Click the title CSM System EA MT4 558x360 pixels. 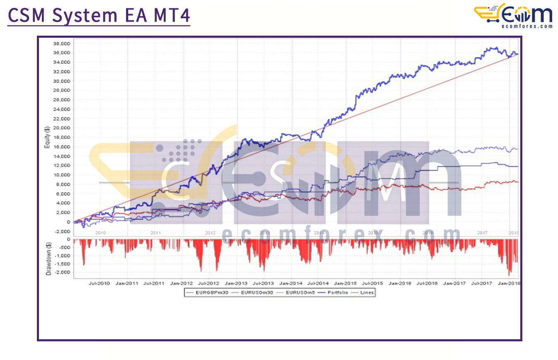tap(99, 16)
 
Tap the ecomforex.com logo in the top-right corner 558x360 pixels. tap(513, 16)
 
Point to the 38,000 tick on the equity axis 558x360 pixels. tap(63, 44)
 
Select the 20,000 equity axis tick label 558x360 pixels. tap(63, 128)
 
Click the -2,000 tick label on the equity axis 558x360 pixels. tap(63, 231)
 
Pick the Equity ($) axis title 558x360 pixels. tap(48, 137)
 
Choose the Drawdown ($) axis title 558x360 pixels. tap(49, 259)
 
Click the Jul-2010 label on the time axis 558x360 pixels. tap(99, 284)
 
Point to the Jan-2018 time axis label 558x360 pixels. tap(509, 284)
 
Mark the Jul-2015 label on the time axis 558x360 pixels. tap(373, 284)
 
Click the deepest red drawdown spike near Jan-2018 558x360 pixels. tap(509, 275)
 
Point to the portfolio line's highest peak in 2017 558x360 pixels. tap(493, 48)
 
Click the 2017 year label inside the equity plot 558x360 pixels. tap(482, 233)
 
